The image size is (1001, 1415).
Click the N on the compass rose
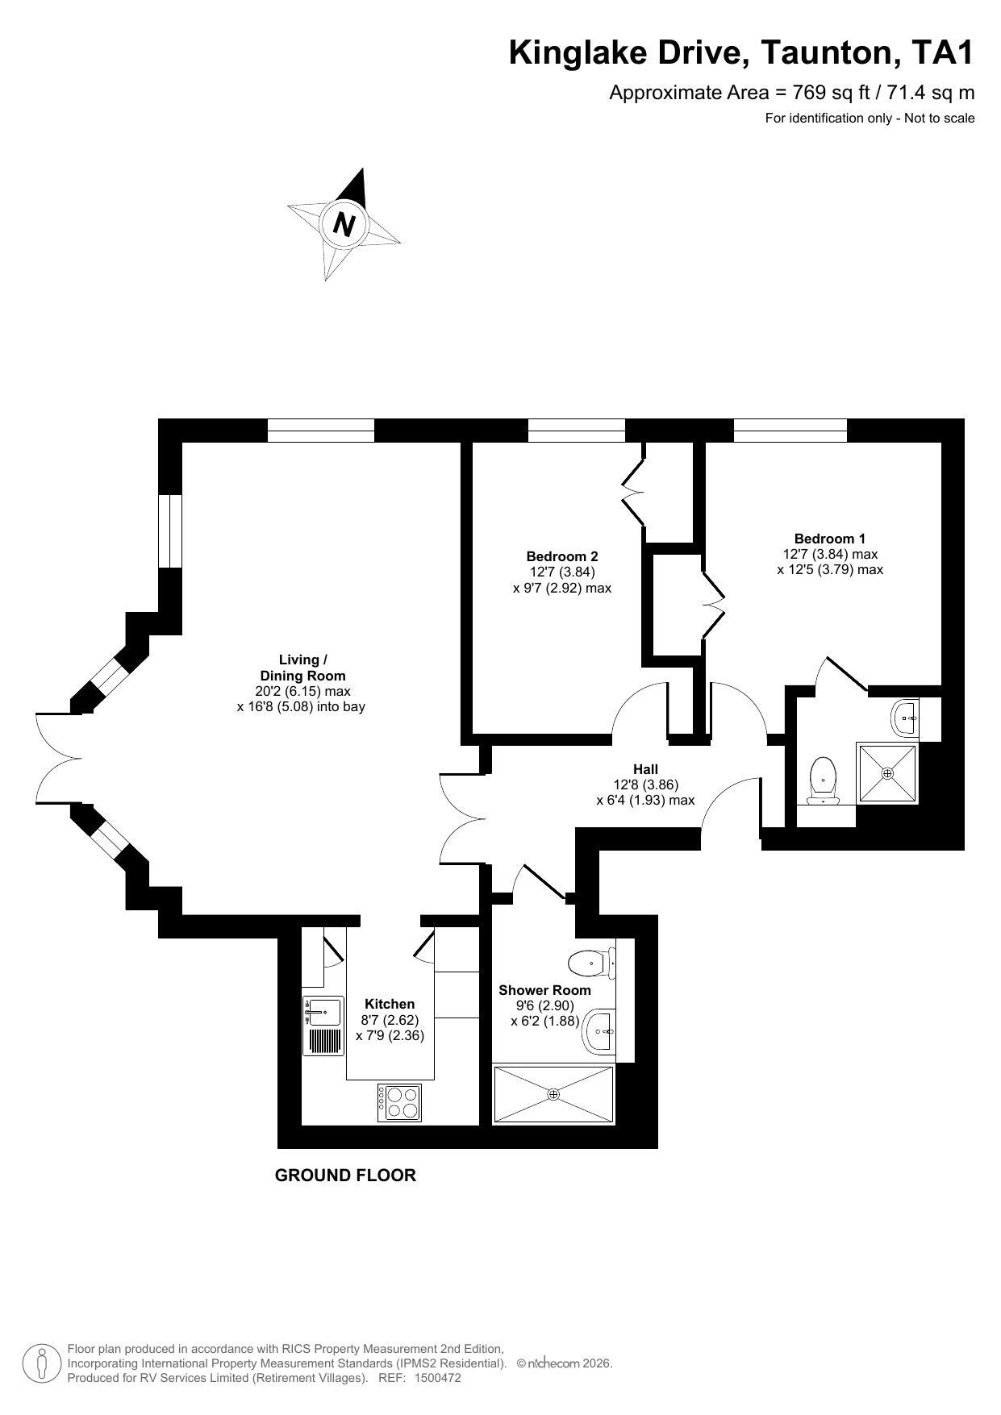pyautogui.click(x=344, y=223)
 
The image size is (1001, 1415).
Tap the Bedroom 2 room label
pyautogui.click(x=562, y=556)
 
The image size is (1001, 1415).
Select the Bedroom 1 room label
pyautogui.click(x=830, y=539)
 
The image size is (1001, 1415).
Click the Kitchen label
pyautogui.click(x=390, y=1004)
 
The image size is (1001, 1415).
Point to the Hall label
pyautogui.click(x=645, y=769)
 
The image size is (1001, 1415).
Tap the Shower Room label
pyautogui.click(x=544, y=990)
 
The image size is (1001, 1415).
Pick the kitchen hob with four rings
pyautogui.click(x=399, y=1102)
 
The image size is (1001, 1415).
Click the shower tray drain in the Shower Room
pyautogui.click(x=553, y=1094)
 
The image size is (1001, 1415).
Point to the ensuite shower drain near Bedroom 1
pyautogui.click(x=888, y=773)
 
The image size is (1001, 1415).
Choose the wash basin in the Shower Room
pyautogui.click(x=599, y=1030)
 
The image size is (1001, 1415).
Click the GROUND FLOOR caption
pyautogui.click(x=345, y=1175)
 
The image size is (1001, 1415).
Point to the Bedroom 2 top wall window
pyautogui.click(x=576, y=431)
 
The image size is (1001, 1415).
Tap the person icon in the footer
pyautogui.click(x=41, y=1363)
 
